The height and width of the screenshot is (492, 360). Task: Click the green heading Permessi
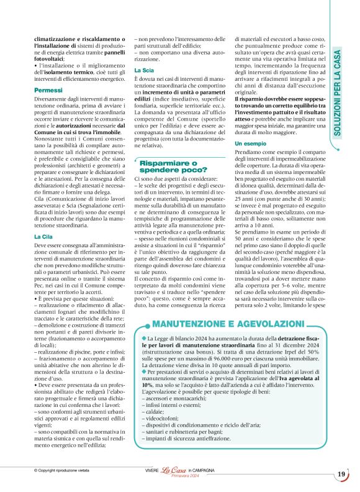point(48,91)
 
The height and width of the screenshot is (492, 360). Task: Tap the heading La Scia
point(144,72)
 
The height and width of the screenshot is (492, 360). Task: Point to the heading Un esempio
point(251,143)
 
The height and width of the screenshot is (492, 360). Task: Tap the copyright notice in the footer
point(63,471)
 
